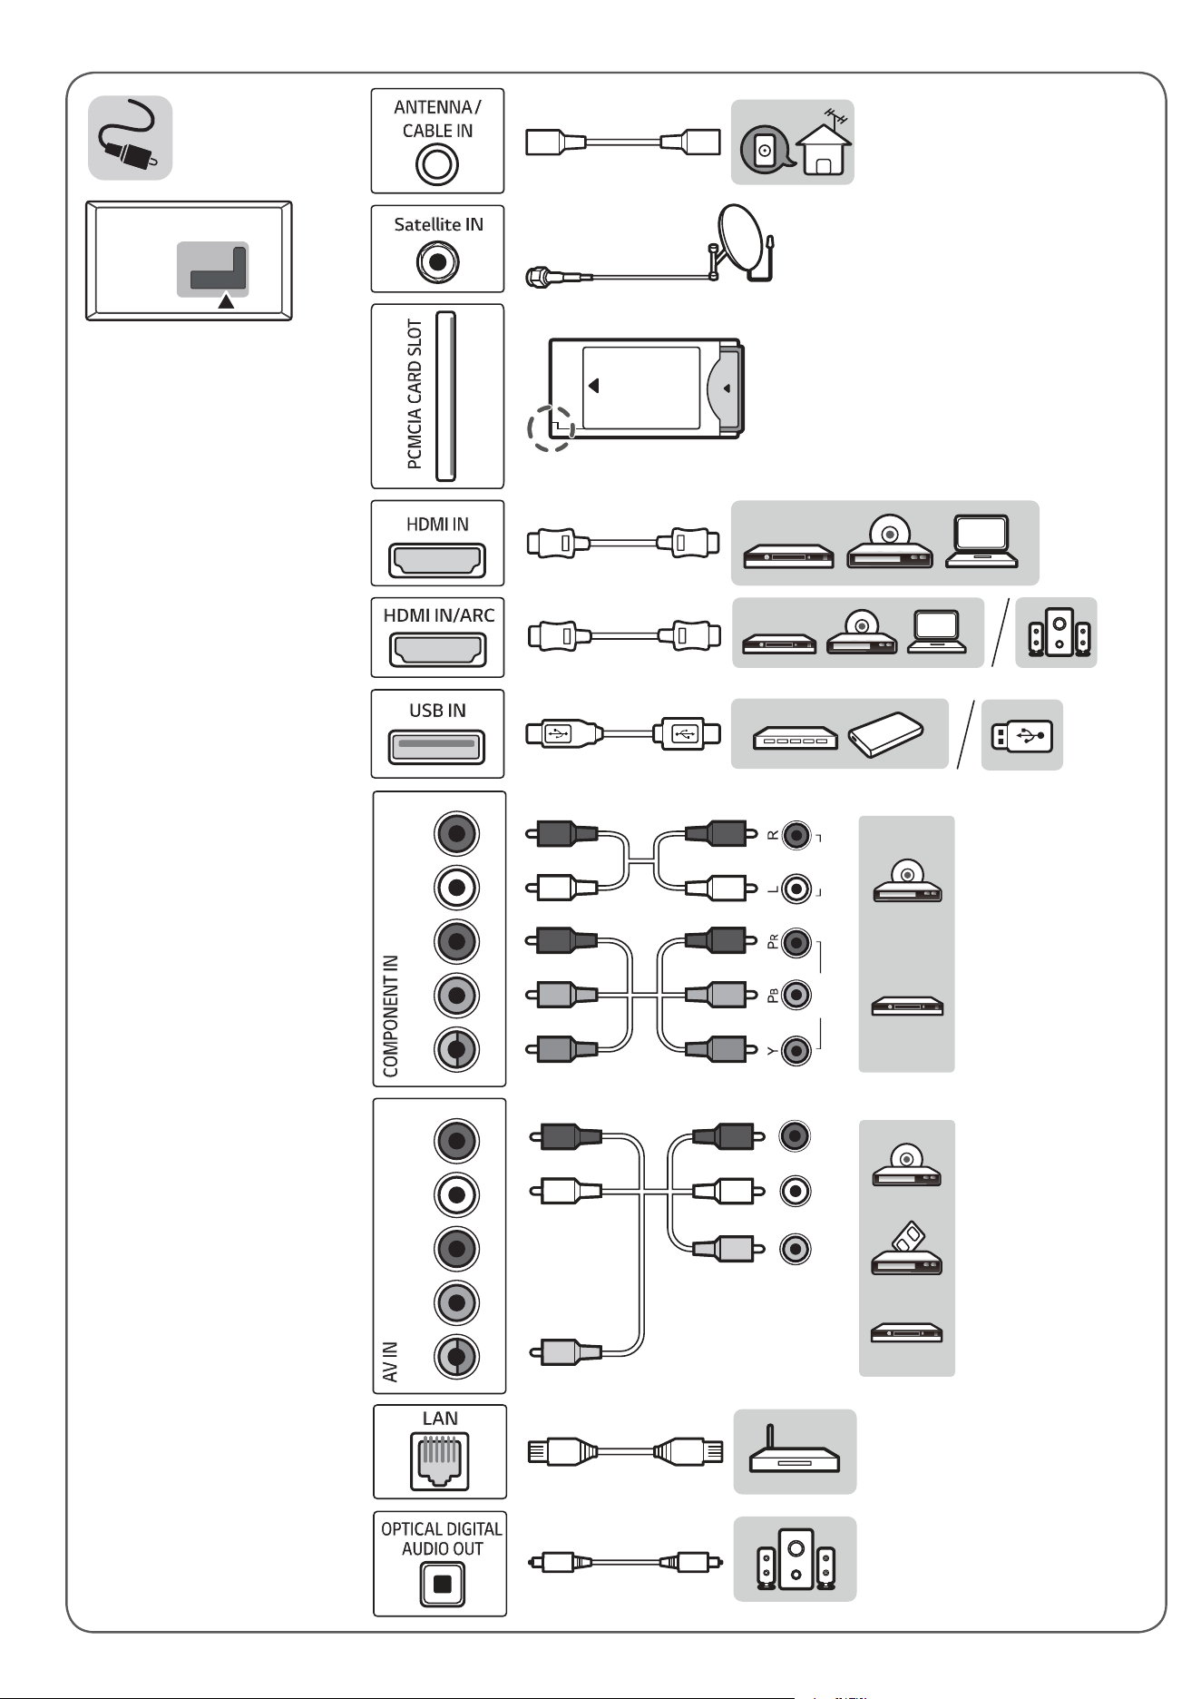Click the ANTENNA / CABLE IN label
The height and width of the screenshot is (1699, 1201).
[x=437, y=119]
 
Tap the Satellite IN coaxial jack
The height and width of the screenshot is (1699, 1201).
[x=438, y=263]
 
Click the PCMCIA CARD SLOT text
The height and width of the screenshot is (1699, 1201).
[x=415, y=394]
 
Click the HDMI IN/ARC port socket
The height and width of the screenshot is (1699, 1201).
[x=437, y=651]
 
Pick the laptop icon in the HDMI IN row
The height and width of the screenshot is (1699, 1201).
[x=981, y=542]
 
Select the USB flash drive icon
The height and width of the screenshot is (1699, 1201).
[x=1022, y=735]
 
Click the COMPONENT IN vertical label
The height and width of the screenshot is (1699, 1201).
[x=391, y=1016]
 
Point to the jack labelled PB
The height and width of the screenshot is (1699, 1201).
[x=796, y=995]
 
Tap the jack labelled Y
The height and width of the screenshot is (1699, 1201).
[x=796, y=1050]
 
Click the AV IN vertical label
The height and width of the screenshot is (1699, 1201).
[x=391, y=1361]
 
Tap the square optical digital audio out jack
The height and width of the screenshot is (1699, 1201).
[x=442, y=1585]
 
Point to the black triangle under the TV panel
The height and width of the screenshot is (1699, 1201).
[x=226, y=301]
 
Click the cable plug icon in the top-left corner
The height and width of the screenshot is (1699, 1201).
[x=130, y=137]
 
